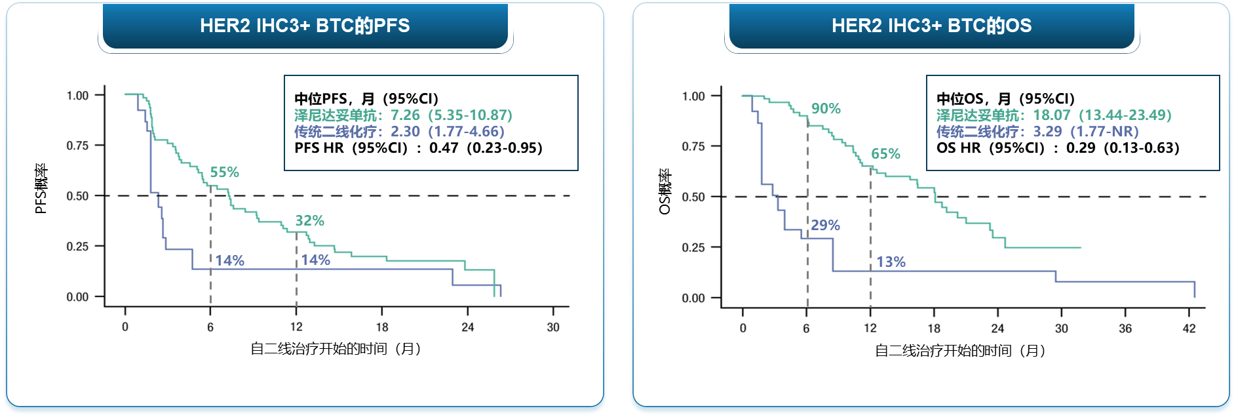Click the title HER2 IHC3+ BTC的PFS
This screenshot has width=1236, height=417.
305,26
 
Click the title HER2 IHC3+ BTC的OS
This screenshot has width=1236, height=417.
931,26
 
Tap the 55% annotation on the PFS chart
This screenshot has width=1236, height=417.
224,172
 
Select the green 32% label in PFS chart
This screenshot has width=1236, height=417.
309,221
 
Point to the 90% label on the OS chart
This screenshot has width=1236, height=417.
826,109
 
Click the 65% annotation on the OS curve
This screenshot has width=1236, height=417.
885,154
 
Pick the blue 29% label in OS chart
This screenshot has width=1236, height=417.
825,226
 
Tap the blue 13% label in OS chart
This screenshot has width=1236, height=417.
891,262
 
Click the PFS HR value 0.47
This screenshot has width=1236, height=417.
444,148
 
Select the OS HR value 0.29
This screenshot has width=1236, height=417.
1081,148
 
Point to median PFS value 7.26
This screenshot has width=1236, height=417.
405,115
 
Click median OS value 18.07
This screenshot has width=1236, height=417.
1052,115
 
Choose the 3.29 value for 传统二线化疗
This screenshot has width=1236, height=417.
1047,132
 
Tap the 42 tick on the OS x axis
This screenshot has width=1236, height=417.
1189,328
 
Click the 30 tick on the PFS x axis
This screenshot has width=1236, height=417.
553,327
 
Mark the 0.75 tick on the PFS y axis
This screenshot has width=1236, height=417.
77,146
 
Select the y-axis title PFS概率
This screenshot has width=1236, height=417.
41,189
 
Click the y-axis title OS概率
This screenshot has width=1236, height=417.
665,191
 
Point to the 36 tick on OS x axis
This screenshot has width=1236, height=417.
1125,328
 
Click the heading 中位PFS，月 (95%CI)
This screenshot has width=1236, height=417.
366,99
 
